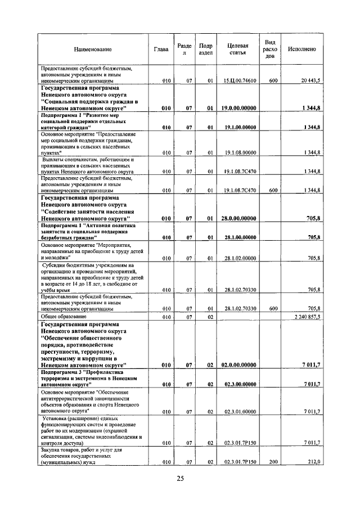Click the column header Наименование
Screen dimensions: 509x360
92,49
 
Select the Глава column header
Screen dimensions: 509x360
160,49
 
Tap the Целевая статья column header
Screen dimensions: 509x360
237,49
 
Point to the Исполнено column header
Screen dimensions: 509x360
301,49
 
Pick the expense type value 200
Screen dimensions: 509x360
273,462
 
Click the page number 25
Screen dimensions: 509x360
180,479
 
